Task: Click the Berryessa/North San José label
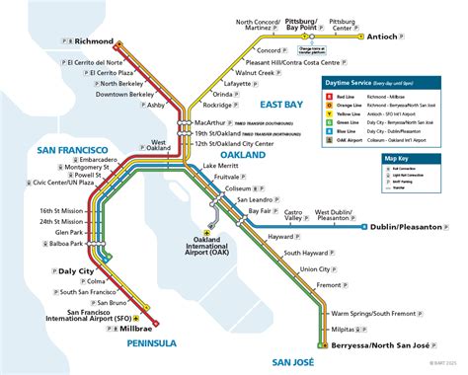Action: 386,347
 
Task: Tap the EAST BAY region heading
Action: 282,104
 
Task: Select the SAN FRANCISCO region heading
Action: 49,151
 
